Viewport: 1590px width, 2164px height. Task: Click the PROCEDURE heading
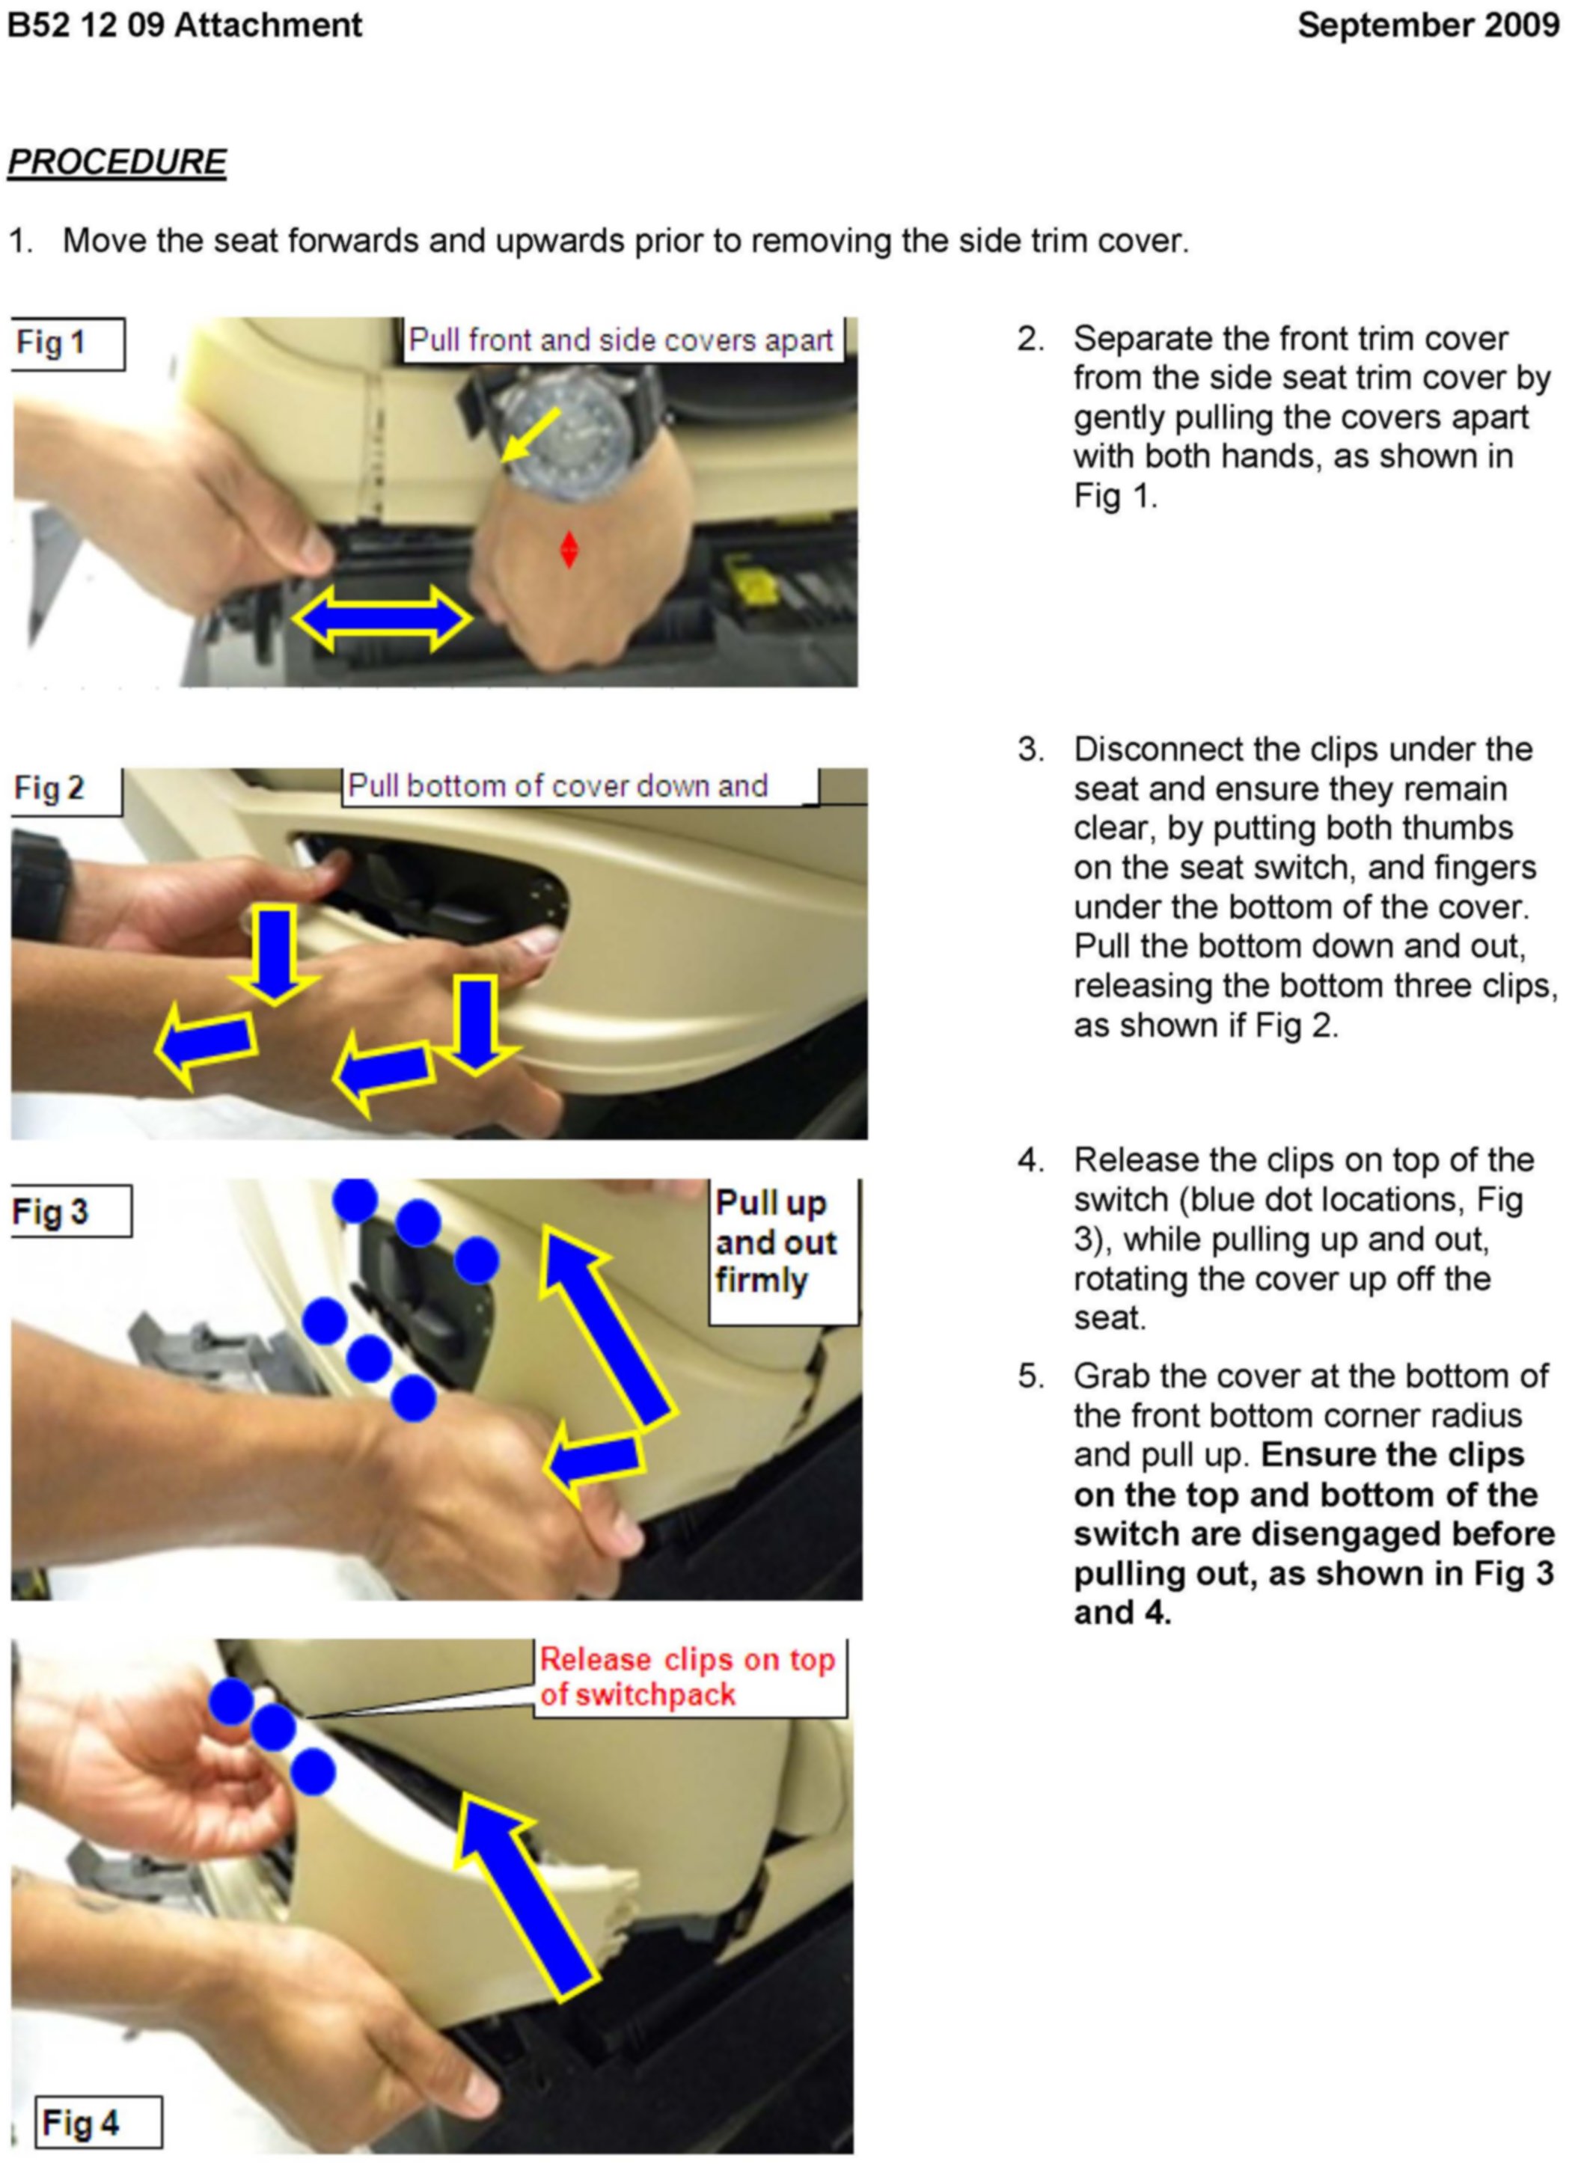117,162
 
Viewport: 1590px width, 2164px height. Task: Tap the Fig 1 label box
67,343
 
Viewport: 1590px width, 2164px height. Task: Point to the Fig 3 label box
70,1212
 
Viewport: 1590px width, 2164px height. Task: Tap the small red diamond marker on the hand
569,550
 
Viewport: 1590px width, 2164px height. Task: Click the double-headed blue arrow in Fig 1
382,619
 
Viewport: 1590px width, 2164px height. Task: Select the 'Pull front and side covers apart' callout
621,340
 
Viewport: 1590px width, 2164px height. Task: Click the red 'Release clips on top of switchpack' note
687,1677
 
